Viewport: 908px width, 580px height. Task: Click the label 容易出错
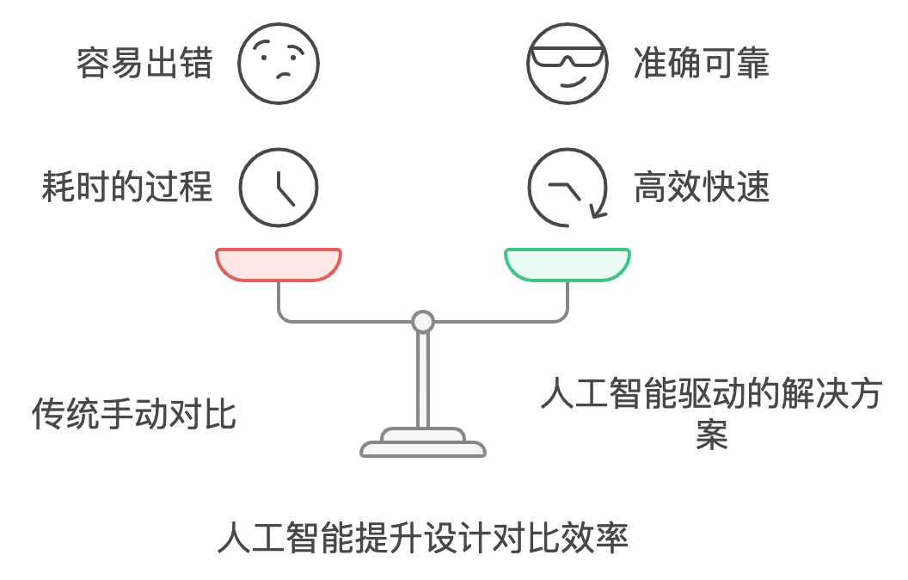(144, 64)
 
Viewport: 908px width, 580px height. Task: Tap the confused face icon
(279, 63)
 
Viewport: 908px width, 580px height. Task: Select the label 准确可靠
(701, 64)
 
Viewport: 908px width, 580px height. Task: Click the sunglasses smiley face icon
(567, 63)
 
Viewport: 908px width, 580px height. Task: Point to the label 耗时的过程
(127, 187)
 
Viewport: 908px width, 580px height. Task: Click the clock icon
(279, 187)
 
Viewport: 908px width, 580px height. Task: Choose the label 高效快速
(701, 187)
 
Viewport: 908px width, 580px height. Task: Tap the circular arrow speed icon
(567, 187)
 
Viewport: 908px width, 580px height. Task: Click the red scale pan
(279, 265)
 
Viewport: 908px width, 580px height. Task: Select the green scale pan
(567, 265)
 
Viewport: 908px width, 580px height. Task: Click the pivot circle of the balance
(422, 322)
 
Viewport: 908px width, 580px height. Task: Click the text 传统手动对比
(134, 414)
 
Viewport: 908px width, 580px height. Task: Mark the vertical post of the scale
(422, 379)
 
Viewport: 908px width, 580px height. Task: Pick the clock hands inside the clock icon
(283, 190)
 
